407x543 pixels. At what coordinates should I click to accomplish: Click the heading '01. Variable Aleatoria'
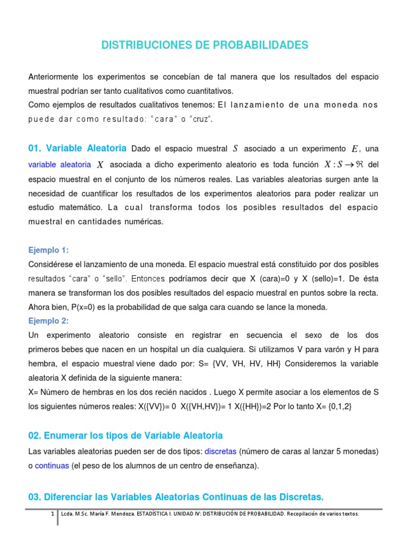[x=77, y=148]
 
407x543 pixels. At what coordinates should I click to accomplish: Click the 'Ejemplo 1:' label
[x=48, y=250]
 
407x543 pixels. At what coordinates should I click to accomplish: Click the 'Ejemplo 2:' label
[x=48, y=321]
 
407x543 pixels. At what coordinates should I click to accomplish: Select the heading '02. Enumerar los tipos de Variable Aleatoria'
[x=125, y=435]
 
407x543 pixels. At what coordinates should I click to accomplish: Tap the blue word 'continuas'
[x=52, y=466]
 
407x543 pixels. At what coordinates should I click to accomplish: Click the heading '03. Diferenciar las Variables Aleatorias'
[x=175, y=497]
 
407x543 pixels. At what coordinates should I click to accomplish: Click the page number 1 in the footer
[x=52, y=514]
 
